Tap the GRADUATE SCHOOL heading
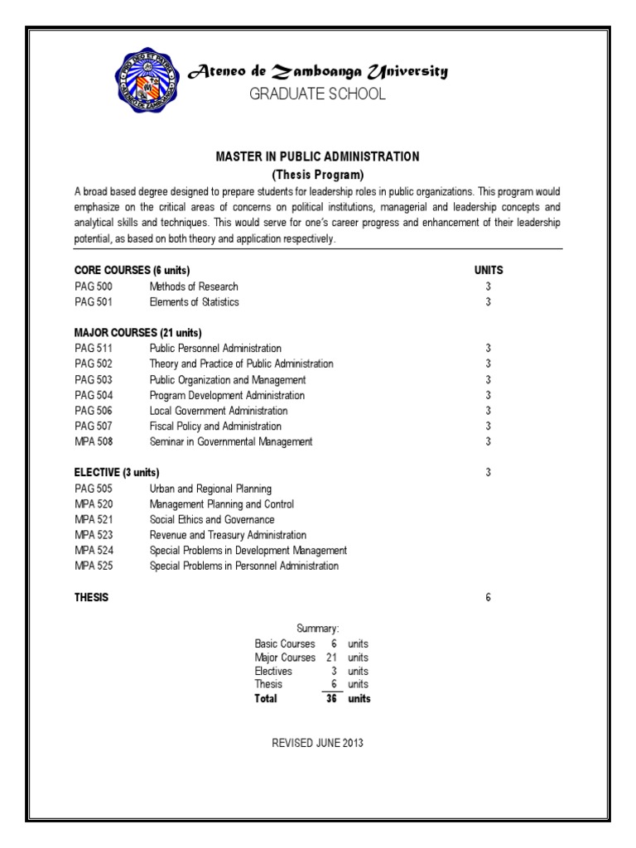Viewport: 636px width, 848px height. click(318, 94)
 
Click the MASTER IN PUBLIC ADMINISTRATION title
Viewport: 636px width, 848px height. click(318, 157)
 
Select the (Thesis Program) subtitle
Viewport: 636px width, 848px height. click(318, 175)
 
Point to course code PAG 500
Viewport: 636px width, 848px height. click(93, 287)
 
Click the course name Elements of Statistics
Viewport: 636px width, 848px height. click(194, 302)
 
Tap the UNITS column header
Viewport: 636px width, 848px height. click(489, 271)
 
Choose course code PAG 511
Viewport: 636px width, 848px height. click(93, 349)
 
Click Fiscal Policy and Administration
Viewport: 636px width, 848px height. click(215, 426)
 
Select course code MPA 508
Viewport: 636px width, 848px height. click(94, 442)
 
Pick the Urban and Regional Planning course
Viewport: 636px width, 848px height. click(210, 489)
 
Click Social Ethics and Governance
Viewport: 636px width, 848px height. click(211, 519)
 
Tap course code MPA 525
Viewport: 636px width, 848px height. click(94, 566)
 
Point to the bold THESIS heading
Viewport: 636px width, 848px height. click(91, 597)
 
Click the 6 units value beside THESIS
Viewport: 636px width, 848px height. click(489, 597)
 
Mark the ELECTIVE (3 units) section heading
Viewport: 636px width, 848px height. click(117, 473)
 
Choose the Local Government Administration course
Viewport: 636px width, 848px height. click(219, 411)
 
